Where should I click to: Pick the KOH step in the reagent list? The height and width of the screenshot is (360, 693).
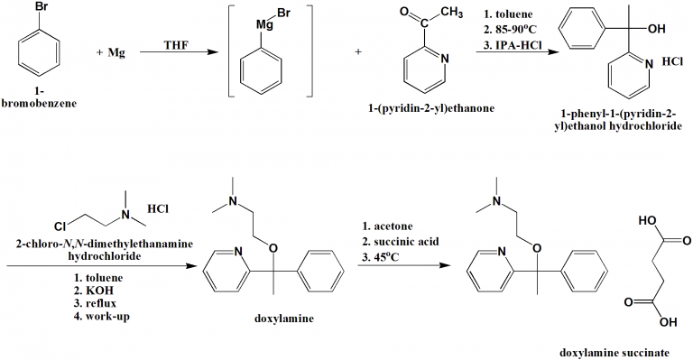99,293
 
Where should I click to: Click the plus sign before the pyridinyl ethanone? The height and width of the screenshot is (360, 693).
358,51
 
